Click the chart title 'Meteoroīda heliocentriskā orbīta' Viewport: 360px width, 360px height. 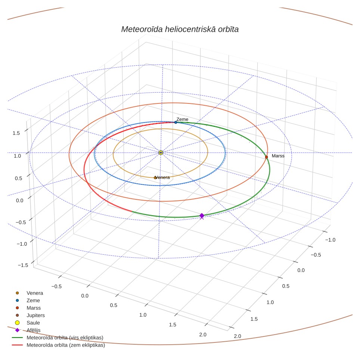pyautogui.click(x=180, y=30)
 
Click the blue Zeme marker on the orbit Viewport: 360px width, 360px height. pyautogui.click(x=176, y=122)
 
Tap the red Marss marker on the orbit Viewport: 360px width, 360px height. pyautogui.click(x=266, y=157)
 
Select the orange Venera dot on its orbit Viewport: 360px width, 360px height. pyautogui.click(x=155, y=178)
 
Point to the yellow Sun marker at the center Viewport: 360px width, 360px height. pyautogui.click(x=161, y=153)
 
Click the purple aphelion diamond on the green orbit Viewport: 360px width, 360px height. pyautogui.click(x=202, y=215)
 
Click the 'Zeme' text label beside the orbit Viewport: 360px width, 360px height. pyautogui.click(x=182, y=120)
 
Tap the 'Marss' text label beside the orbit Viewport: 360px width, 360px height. pyautogui.click(x=278, y=156)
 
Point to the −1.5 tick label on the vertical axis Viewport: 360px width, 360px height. pyautogui.click(x=23, y=265)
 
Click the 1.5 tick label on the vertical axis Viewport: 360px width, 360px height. pyautogui.click(x=16, y=133)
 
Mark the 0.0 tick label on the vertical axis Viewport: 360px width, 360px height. pyautogui.click(x=19, y=201)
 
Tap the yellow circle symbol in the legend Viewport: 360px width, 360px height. pyautogui.click(x=17, y=323)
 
